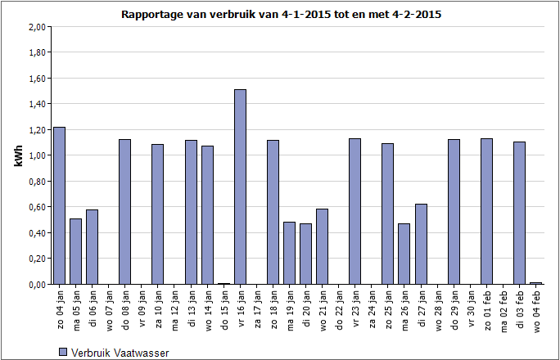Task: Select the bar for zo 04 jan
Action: pyautogui.click(x=59, y=205)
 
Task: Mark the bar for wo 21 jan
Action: pyautogui.click(x=322, y=246)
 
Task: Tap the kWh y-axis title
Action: pyautogui.click(x=18, y=155)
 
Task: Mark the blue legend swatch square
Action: pyautogui.click(x=63, y=353)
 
